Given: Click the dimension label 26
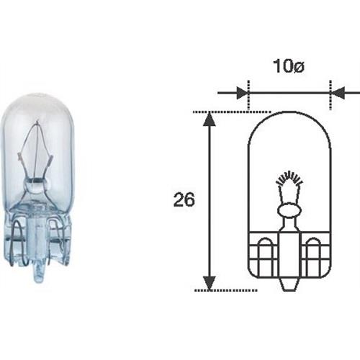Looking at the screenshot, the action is point(184,199).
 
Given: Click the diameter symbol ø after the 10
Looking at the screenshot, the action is point(298,66).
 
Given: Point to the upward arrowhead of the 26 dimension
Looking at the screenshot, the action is point(210,119).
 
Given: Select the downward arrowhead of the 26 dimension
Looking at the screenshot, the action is point(210,283).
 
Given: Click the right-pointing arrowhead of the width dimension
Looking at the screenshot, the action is point(242,93).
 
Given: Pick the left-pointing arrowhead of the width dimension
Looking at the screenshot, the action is point(338,93).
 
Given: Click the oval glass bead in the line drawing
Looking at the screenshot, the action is point(289,210).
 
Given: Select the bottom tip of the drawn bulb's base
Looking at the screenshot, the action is point(289,291).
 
